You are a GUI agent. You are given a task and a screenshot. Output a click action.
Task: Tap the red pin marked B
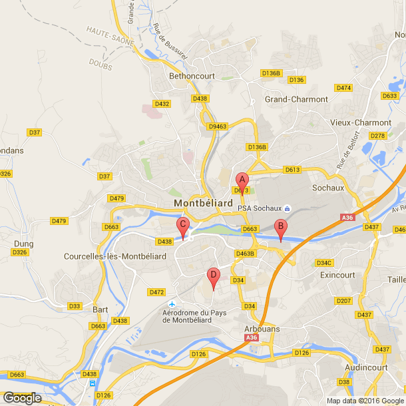click(281, 228)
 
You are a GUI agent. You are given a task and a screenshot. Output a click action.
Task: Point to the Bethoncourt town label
click(192, 76)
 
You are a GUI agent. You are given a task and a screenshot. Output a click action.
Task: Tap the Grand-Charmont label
click(296, 99)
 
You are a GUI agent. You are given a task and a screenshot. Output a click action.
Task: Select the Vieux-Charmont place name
click(361, 122)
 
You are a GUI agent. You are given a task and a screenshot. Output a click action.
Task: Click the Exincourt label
click(337, 274)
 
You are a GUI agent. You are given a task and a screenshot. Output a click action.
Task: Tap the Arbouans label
click(261, 329)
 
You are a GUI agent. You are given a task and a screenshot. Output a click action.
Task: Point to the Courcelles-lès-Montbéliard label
click(114, 256)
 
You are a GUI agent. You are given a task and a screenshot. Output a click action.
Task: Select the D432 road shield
click(162, 104)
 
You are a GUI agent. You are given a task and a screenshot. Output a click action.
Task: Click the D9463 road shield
click(218, 126)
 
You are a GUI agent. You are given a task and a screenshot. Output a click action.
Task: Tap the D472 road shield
click(156, 292)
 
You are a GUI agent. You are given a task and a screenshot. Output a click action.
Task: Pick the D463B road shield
click(246, 253)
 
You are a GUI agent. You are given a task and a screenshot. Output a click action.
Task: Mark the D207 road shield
click(343, 301)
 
